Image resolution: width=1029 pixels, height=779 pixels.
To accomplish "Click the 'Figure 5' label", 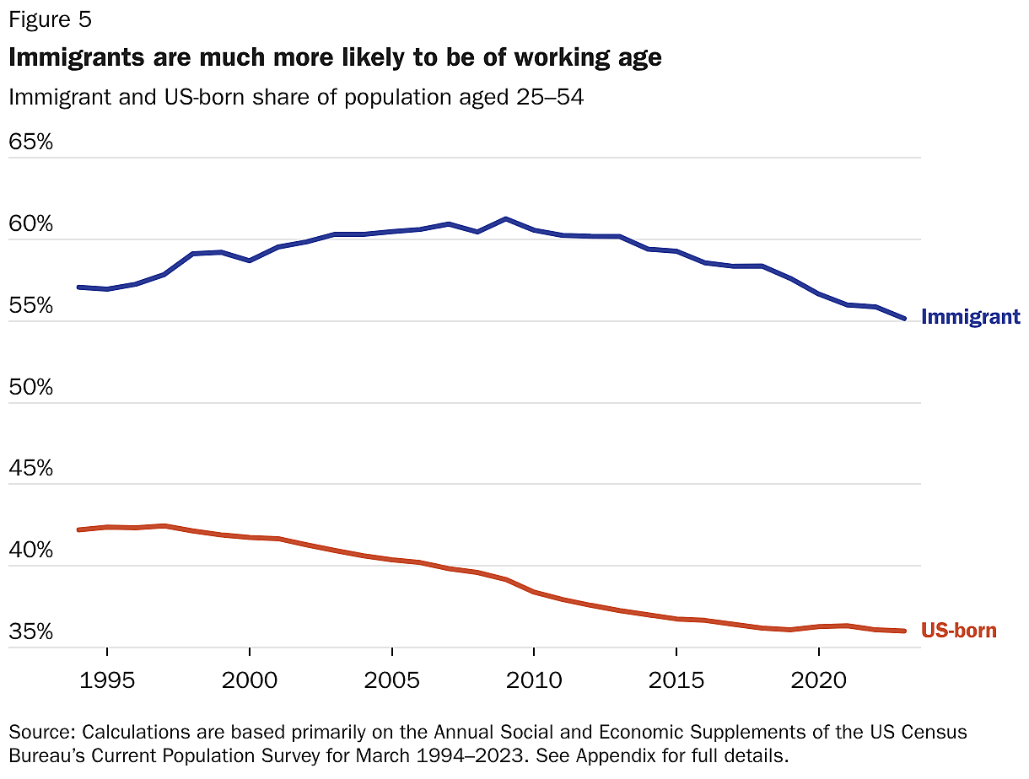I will [51, 19].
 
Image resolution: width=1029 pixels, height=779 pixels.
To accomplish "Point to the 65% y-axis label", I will [31, 142].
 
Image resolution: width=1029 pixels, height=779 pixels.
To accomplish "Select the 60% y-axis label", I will [31, 224].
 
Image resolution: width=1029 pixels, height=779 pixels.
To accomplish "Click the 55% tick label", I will [31, 306].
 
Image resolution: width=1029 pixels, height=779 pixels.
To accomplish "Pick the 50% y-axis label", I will [31, 388].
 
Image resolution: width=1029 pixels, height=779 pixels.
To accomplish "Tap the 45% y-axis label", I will [31, 469].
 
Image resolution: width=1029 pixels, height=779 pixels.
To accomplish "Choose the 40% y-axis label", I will [31, 551].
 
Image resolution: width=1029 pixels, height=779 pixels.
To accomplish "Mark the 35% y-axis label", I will [31, 632].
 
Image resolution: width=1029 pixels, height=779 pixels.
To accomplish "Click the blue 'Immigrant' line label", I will [970, 318].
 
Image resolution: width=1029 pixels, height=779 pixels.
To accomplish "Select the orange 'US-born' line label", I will [958, 631].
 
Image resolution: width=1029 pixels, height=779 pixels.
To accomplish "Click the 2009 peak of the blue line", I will [505, 219].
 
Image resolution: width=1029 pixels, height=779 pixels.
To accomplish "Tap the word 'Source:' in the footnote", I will [42, 731].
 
